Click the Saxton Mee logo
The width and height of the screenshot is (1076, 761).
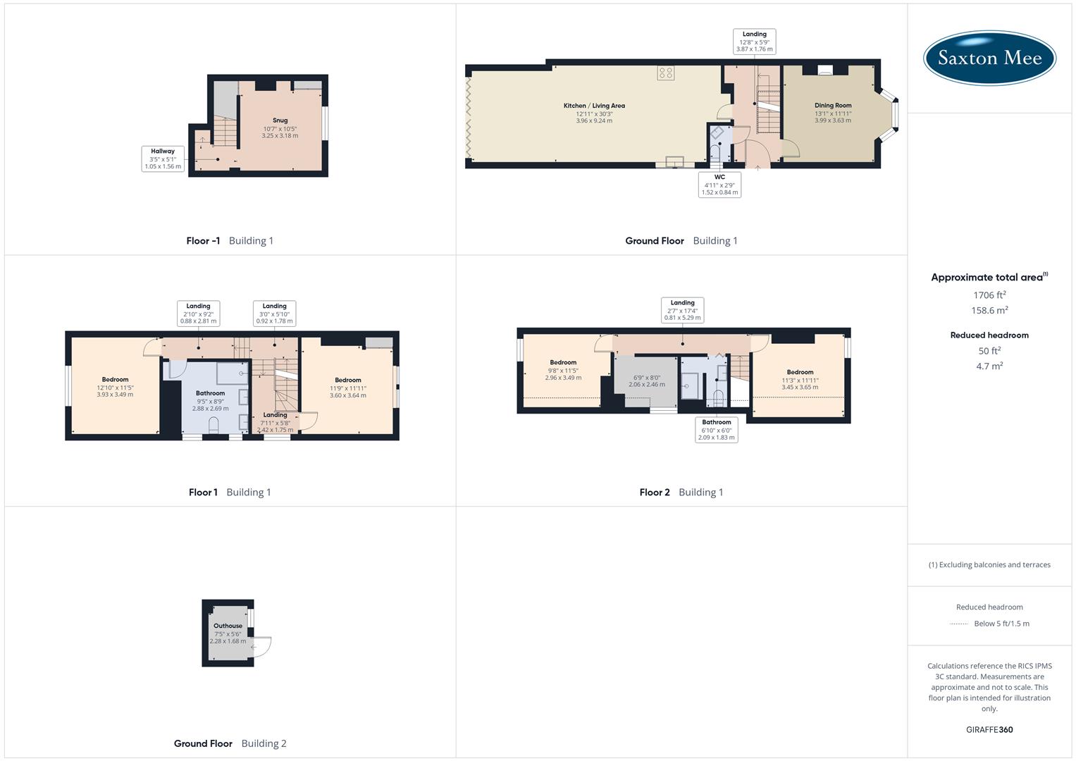coord(989,58)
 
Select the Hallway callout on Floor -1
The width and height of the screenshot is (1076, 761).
coord(163,159)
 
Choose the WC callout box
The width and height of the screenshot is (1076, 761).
coord(719,185)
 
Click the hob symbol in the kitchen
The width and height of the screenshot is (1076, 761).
coord(666,73)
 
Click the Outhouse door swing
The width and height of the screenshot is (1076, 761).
coord(262,645)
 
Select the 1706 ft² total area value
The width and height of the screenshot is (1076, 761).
coord(989,295)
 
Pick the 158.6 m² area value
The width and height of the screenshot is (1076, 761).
coord(989,310)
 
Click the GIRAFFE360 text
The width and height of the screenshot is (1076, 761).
coord(989,729)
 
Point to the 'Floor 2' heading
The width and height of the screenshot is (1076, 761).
coord(655,492)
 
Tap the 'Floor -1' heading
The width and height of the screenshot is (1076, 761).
coord(203,240)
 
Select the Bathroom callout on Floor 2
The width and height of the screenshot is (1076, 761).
coord(717,429)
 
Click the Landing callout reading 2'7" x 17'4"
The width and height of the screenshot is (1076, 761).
coord(682,310)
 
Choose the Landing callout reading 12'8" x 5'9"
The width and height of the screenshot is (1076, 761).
coord(754,42)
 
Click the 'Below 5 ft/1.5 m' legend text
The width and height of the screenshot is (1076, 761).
coord(1001,623)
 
